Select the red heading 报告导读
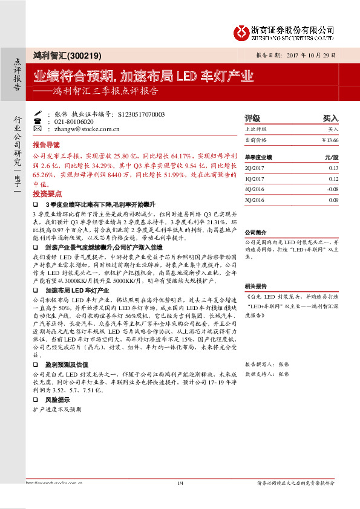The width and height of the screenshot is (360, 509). click(x=46, y=145)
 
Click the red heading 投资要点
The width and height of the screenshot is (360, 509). click(x=47, y=194)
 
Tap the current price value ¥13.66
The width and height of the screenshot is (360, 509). click(x=330, y=140)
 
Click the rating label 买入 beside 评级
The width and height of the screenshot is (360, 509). click(x=330, y=118)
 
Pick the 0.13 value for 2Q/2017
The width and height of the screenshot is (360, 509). click(x=333, y=167)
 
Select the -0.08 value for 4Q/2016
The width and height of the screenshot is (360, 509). click(x=332, y=189)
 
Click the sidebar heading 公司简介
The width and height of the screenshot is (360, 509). click(x=255, y=232)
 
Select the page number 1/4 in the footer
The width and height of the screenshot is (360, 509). click(x=180, y=482)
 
